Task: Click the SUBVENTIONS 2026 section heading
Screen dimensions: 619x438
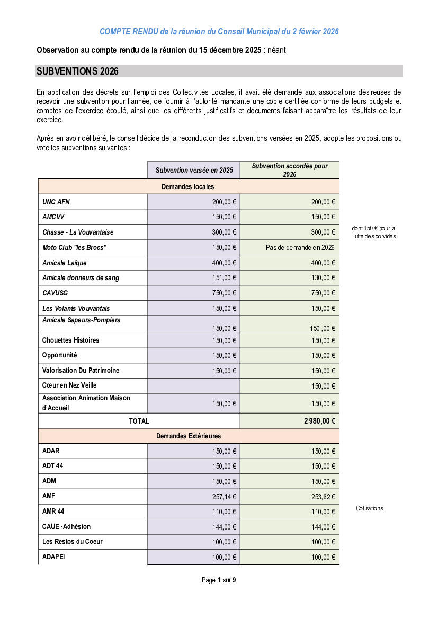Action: [77, 71]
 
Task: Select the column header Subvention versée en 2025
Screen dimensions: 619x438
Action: [194, 171]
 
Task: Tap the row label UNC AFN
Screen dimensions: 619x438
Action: [56, 202]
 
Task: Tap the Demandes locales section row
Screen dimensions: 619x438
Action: [188, 186]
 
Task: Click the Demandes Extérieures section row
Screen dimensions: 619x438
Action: [188, 436]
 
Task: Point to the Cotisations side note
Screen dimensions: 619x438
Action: [369, 508]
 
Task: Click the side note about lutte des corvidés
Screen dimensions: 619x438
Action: [373, 232]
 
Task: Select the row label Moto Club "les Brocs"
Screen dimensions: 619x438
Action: [75, 247]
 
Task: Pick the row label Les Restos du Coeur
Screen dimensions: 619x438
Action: [73, 541]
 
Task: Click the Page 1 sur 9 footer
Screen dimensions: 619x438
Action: [219, 580]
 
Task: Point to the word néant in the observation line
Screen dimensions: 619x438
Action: [276, 50]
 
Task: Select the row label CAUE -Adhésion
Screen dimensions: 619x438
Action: [66, 526]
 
